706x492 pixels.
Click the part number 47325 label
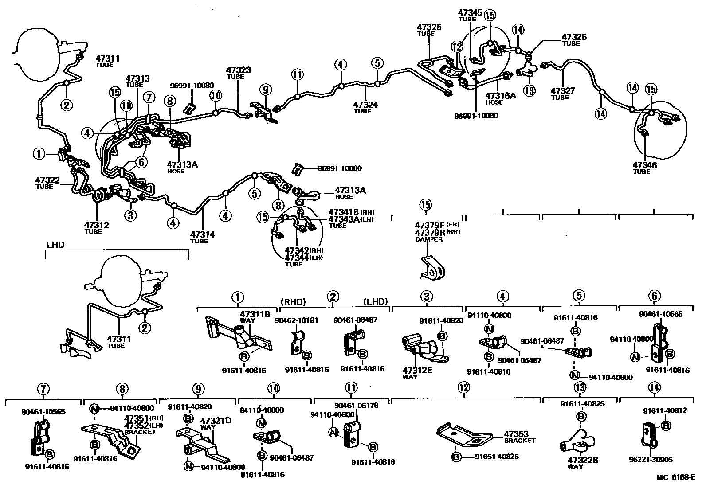point(429,27)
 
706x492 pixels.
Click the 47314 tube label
point(202,234)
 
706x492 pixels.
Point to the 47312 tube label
point(96,225)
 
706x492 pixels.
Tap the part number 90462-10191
point(296,320)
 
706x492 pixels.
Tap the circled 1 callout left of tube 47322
point(39,154)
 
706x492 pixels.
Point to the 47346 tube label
point(644,165)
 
